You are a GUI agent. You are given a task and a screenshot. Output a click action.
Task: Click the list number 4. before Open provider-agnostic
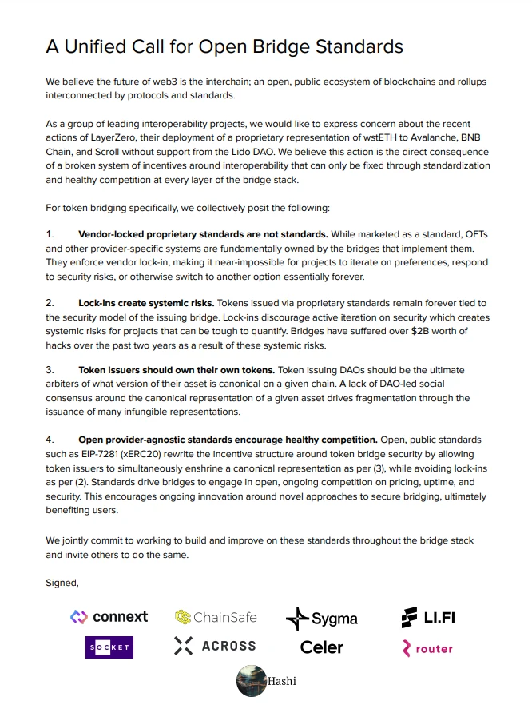click(x=50, y=440)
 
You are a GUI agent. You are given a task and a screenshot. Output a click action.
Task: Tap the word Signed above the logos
click(x=62, y=582)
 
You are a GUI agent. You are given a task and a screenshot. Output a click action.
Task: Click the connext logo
click(x=109, y=617)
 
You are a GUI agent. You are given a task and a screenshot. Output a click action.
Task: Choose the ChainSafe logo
click(x=204, y=617)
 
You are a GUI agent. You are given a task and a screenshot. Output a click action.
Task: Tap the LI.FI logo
click(x=428, y=617)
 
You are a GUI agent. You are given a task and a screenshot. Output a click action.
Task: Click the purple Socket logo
click(x=109, y=647)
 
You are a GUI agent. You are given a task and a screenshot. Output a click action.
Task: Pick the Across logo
click(x=215, y=647)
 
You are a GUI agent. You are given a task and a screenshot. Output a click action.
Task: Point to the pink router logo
click(x=427, y=648)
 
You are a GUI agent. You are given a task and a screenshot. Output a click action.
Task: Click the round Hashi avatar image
click(x=251, y=681)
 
